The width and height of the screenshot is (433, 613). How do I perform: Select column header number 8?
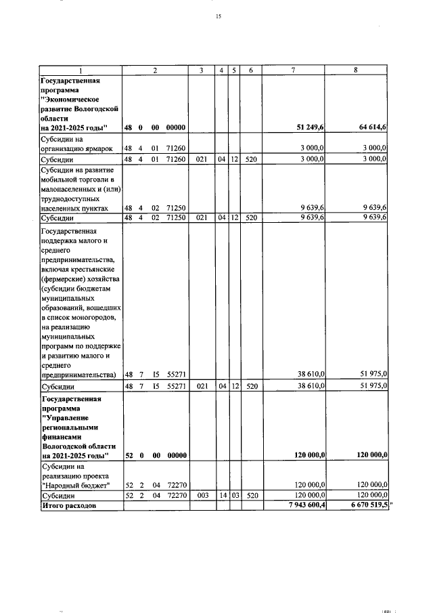(356, 70)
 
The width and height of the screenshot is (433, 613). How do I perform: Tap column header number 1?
(81, 70)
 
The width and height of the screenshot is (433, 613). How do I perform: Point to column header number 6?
(250, 70)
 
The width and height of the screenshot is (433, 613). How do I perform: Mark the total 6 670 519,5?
(364, 505)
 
